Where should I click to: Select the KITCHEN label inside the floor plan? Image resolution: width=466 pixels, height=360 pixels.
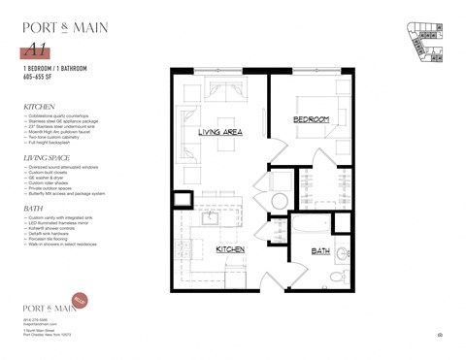pyautogui.click(x=231, y=249)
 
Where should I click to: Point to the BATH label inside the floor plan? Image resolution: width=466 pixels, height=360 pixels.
pyautogui.click(x=319, y=250)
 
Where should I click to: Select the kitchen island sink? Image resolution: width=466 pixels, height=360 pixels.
pyautogui.click(x=208, y=217)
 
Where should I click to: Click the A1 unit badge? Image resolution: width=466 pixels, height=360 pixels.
pyautogui.click(x=35, y=49)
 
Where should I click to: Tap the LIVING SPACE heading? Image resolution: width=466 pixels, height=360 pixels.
pyautogui.click(x=49, y=155)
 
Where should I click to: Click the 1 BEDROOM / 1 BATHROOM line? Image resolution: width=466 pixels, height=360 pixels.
pyautogui.click(x=54, y=70)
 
